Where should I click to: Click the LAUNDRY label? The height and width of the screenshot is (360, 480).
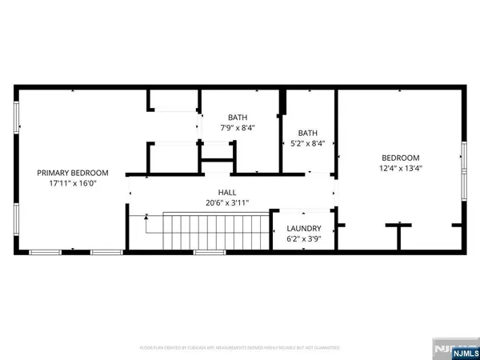tap(304, 228)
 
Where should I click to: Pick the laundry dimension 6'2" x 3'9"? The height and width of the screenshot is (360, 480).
tap(304, 238)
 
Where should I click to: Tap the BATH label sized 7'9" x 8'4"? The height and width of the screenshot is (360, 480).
tap(238, 116)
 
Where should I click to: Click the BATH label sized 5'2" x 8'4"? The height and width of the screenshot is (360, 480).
tap(309, 133)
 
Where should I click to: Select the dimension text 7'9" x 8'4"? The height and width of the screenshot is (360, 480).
tap(238, 126)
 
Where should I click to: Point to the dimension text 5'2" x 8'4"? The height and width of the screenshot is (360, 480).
tap(309, 143)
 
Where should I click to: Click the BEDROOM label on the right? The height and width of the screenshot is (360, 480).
tap(401, 158)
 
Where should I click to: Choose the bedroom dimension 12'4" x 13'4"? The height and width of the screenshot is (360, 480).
tap(401, 168)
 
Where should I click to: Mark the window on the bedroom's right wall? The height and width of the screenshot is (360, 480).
tap(463, 168)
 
